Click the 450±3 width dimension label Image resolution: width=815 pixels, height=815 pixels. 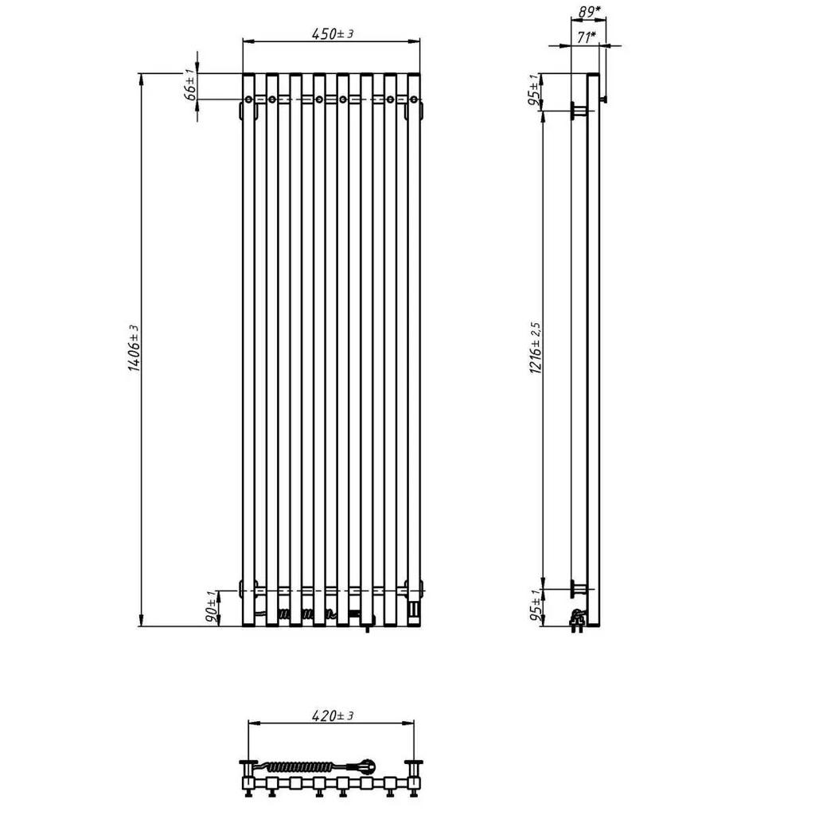click(333, 33)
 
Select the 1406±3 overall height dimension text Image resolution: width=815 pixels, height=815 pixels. click(134, 348)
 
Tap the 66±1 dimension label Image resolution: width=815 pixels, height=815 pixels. click(190, 84)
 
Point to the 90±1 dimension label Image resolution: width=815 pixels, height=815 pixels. click(212, 607)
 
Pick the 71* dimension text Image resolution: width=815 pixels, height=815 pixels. click(587, 37)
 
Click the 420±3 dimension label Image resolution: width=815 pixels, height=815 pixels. click(333, 716)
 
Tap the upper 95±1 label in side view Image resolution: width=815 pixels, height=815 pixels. click(534, 91)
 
